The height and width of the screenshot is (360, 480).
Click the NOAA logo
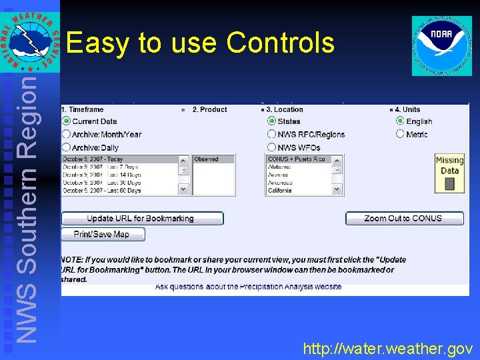(x=441, y=45)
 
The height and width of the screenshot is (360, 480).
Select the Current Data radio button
(x=66, y=121)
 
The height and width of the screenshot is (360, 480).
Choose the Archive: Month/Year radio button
(x=66, y=134)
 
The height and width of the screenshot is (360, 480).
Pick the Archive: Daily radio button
(x=66, y=147)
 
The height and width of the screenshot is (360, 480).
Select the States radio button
(x=271, y=121)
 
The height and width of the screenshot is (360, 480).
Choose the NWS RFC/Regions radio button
(x=271, y=134)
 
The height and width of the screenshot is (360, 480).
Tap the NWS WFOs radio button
(x=271, y=147)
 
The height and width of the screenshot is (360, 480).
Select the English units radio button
(x=400, y=121)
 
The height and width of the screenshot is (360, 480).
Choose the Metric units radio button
(x=400, y=134)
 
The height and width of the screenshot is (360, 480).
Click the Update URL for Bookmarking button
(x=142, y=219)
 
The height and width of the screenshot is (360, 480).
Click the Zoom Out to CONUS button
(x=404, y=219)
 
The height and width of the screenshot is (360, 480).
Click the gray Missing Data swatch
(x=449, y=183)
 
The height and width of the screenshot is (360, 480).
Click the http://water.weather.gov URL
(x=388, y=349)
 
